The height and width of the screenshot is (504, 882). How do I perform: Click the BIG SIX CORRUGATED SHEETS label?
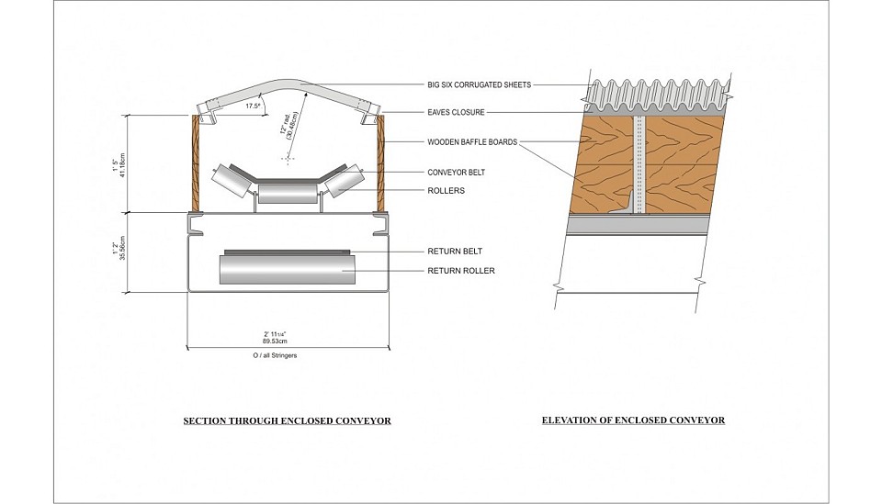(479, 84)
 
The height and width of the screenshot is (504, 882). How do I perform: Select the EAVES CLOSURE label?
(456, 112)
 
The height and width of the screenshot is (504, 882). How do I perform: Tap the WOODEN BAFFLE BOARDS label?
(472, 142)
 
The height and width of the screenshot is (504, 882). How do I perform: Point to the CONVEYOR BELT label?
(456, 173)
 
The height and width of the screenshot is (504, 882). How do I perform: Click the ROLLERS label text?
(447, 190)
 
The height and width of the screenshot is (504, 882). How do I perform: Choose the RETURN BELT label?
(455, 252)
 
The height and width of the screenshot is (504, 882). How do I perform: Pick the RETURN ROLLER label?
(460, 271)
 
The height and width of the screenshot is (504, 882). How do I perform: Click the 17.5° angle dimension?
(254, 106)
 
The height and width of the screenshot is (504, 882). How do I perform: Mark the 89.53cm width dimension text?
(275, 342)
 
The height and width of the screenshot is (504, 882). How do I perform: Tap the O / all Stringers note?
(275, 355)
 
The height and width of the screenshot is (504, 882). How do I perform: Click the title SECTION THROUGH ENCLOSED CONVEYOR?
(287, 420)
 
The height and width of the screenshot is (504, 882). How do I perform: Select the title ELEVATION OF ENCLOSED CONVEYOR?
(633, 420)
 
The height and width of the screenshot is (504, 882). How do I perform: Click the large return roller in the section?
(287, 270)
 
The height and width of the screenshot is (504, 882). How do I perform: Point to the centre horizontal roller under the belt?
(287, 194)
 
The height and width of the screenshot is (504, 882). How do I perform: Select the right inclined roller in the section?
(345, 180)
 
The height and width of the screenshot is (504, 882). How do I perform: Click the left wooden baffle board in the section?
(196, 162)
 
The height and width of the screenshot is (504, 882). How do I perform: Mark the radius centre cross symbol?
(288, 159)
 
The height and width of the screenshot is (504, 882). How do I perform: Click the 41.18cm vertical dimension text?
(123, 163)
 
